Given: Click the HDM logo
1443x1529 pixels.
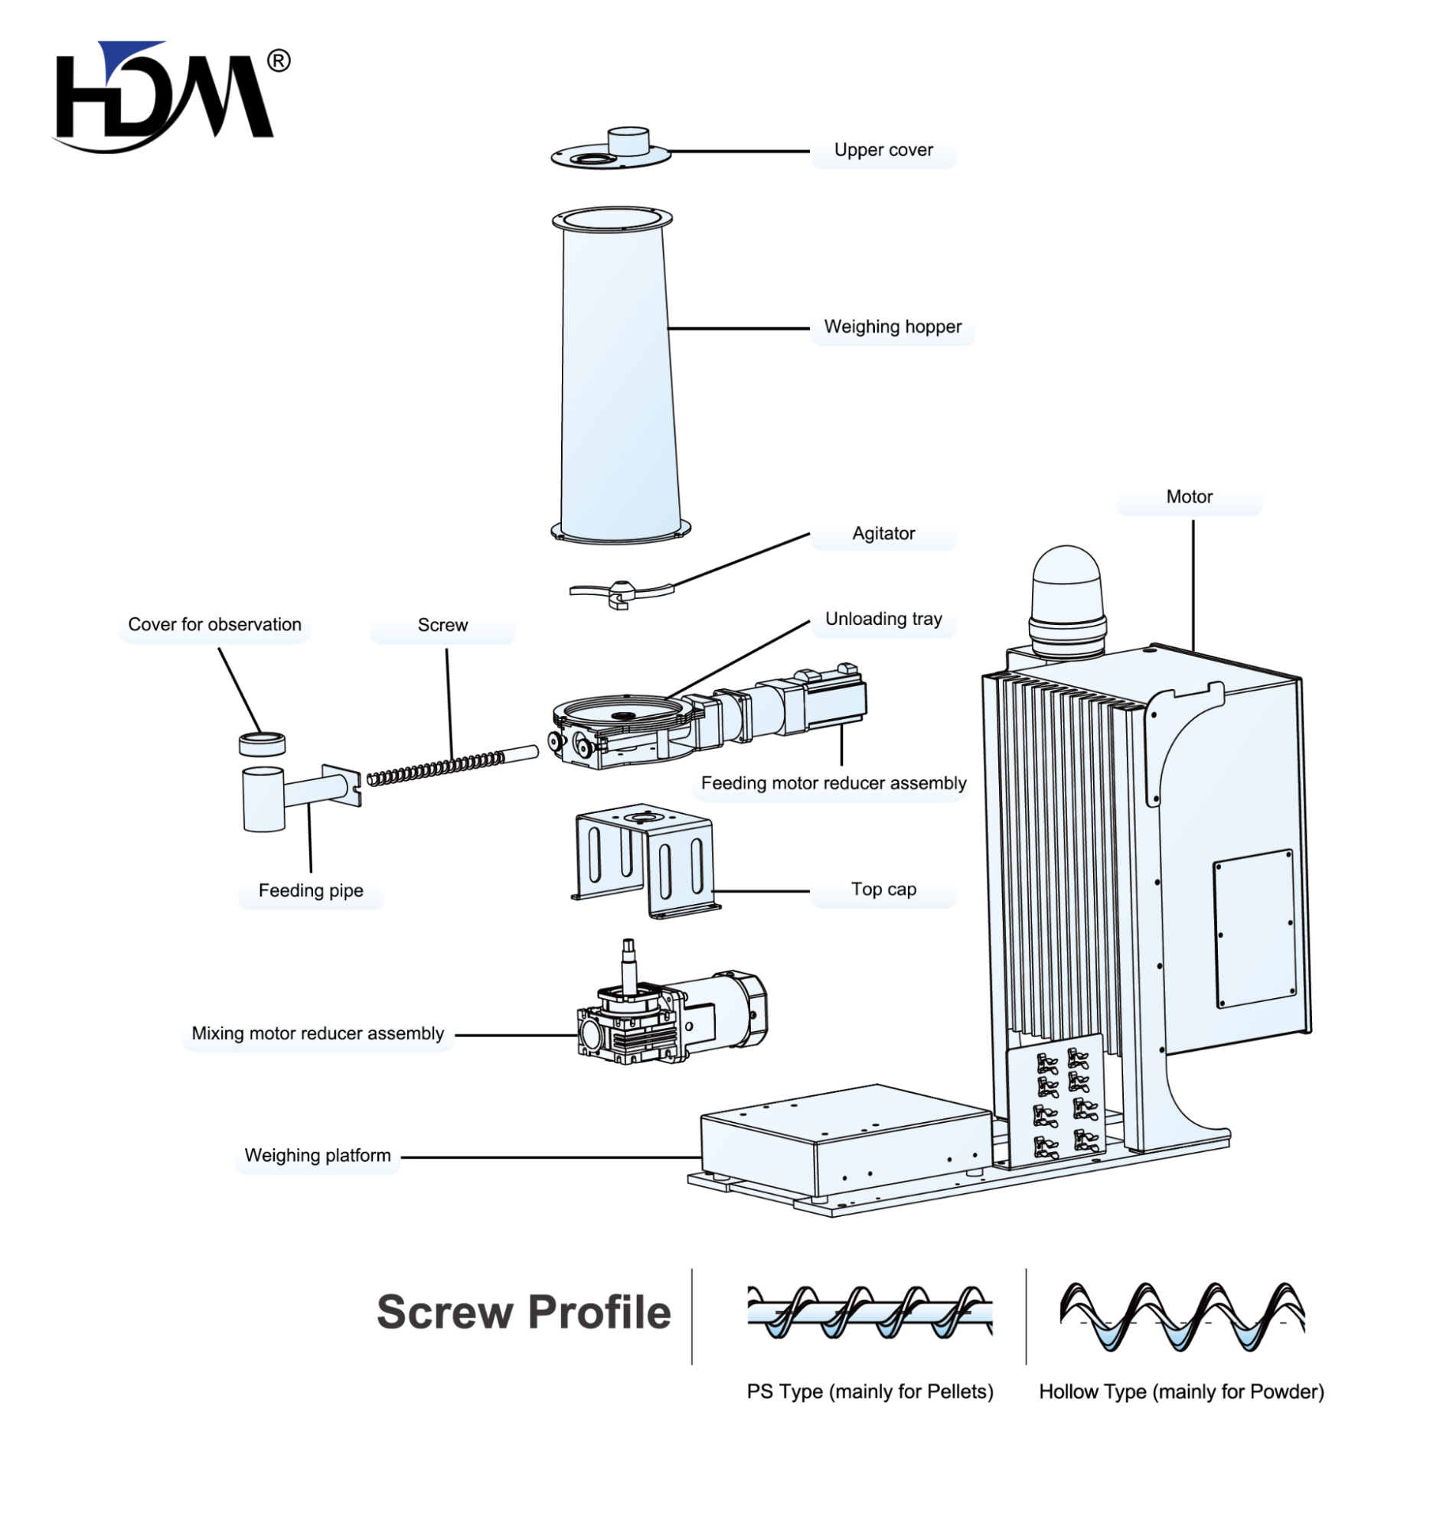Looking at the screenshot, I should click(x=165, y=96).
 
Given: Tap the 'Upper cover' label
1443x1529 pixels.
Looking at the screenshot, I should click(x=883, y=150).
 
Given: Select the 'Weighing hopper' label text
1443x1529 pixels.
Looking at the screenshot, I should click(x=893, y=327).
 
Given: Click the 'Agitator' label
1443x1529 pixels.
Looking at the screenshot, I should click(x=883, y=534).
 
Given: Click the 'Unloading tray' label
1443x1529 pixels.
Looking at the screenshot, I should click(x=883, y=619).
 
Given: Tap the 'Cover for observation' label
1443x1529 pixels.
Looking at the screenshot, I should click(x=214, y=624).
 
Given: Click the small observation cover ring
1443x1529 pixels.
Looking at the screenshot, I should click(x=262, y=743).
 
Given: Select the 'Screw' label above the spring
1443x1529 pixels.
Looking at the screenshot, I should click(x=442, y=625).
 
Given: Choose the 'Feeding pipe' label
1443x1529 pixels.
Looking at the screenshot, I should click(x=311, y=890).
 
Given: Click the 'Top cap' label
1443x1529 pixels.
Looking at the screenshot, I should click(x=883, y=889).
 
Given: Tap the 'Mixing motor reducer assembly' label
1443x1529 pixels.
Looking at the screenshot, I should click(x=318, y=1033).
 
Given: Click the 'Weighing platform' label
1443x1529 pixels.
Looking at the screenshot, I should click(x=318, y=1155).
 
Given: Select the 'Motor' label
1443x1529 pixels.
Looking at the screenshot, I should click(x=1189, y=497).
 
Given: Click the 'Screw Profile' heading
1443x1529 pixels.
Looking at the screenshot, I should click(x=524, y=1312).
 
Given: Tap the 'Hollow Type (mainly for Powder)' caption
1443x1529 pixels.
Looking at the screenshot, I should click(x=1181, y=1391).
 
